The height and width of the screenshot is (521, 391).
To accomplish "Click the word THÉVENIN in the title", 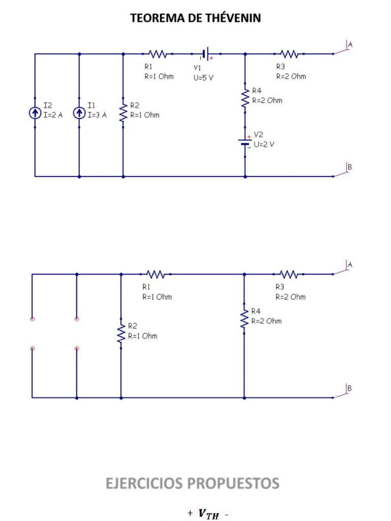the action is pos(230,18).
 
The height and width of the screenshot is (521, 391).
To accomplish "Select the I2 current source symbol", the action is pos(35,113).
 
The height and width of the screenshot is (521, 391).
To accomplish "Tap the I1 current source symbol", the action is pos(79,113).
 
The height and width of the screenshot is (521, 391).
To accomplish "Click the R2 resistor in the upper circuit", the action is pos(123,112).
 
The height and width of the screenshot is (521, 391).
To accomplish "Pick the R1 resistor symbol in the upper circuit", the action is pos(157,54).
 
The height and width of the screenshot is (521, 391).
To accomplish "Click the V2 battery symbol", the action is pos(245,142).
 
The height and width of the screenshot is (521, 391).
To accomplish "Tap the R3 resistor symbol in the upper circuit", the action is pos(289,54).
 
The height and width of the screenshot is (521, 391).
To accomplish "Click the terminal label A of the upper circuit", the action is pos(350,45).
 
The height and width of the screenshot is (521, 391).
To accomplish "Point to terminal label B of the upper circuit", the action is pos(350,167).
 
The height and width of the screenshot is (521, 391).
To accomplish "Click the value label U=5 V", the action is pos(204,78).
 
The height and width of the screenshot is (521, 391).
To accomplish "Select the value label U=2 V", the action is pos(264,144).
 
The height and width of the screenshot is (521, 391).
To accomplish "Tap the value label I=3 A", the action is pos(97,115).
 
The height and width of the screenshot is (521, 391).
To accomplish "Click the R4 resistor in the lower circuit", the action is pos(244,319).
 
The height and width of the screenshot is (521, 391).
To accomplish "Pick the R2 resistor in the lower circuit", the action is pos(121,333).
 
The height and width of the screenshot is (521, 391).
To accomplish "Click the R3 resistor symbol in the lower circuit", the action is pos(289,274).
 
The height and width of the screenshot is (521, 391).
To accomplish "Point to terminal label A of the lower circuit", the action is pos(350,265).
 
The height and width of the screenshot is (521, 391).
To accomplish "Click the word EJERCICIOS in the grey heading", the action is pos(144,483).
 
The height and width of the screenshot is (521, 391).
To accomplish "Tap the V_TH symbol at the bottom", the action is pos(208,514).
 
